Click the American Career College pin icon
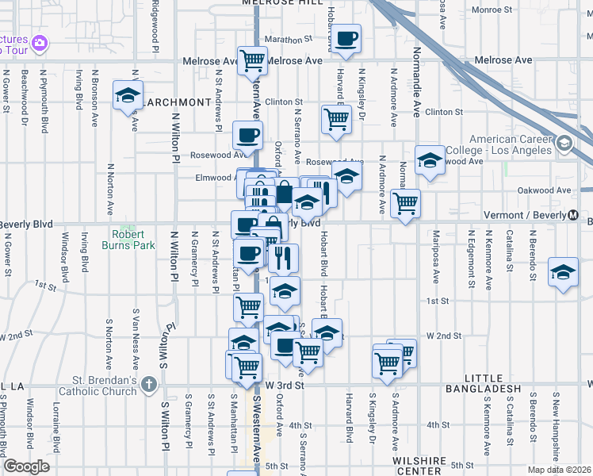564,144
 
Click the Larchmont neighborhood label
178,102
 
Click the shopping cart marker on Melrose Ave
253,59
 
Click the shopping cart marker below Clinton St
336,118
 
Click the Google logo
26,466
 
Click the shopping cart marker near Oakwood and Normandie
405,203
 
